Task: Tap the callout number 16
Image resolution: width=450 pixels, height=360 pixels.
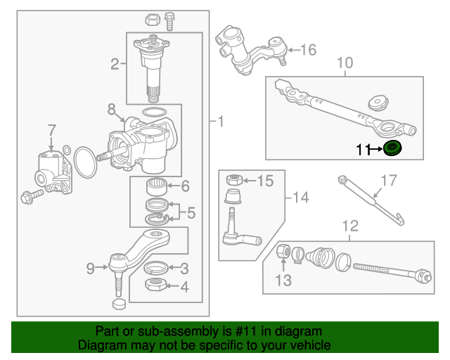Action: click(x=309, y=50)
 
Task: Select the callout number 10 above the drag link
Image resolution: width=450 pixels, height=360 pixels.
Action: click(x=345, y=64)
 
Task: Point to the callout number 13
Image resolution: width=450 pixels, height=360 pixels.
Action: click(x=282, y=282)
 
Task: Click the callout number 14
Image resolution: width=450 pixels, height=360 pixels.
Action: click(x=300, y=198)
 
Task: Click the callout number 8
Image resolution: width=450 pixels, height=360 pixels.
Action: click(x=111, y=109)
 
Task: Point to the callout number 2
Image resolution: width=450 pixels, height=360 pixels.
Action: click(x=115, y=65)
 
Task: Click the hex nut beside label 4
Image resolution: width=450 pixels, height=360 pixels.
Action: click(x=155, y=285)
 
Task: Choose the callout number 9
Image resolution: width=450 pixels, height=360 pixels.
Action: click(x=90, y=267)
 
